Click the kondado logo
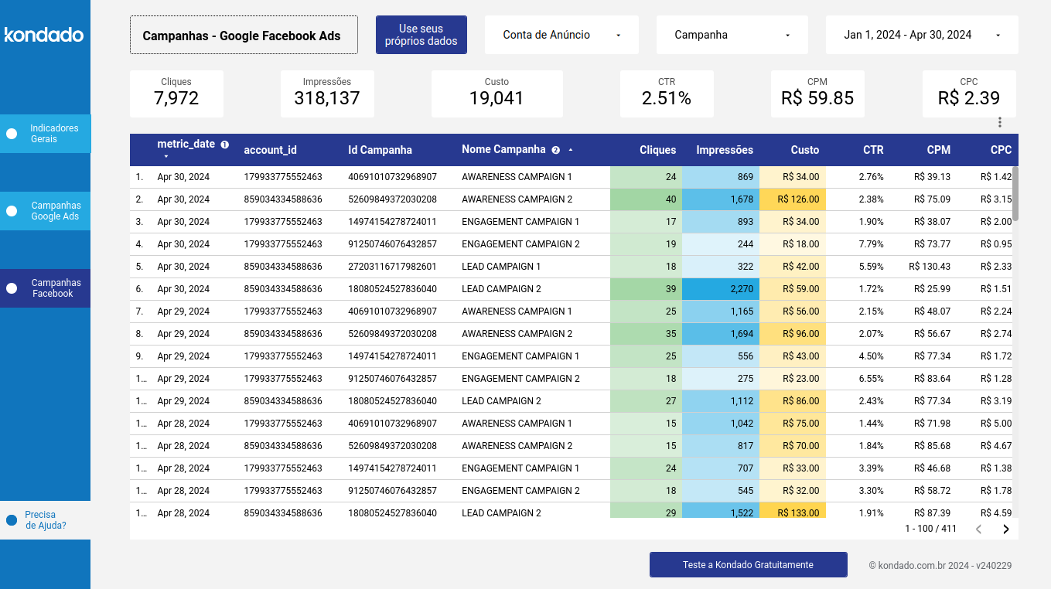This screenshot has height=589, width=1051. [x=44, y=35]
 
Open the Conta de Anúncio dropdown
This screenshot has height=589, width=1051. [x=561, y=35]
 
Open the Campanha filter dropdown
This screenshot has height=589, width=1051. [x=732, y=35]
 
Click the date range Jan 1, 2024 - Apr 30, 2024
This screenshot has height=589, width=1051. [x=921, y=35]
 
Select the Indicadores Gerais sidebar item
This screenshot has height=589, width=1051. [x=53, y=134]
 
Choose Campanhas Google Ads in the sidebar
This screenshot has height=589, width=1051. [x=55, y=211]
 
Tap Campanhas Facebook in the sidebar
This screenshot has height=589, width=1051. [x=55, y=288]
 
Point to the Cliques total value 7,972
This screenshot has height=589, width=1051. [x=176, y=98]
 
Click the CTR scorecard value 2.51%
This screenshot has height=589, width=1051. [x=666, y=98]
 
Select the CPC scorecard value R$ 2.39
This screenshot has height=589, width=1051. [x=968, y=98]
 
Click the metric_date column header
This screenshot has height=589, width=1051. [x=186, y=145]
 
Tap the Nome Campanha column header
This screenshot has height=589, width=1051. [x=503, y=150]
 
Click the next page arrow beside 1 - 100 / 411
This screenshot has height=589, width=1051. [x=1005, y=529]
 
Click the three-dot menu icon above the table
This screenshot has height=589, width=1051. [x=999, y=122]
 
